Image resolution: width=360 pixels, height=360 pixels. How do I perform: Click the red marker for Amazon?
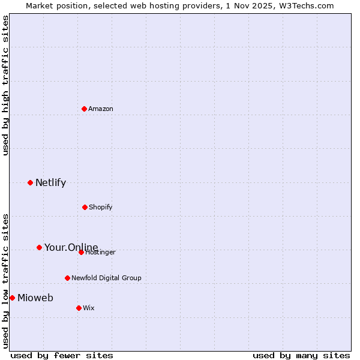[85, 109]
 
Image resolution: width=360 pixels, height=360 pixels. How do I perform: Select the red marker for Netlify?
[30, 182]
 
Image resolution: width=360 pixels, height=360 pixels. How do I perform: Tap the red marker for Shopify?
[85, 207]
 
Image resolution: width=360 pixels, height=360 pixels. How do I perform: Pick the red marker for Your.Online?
[39, 247]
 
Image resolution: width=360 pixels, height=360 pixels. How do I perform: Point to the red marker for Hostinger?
[81, 252]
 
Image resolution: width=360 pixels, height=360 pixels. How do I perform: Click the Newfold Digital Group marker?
[67, 278]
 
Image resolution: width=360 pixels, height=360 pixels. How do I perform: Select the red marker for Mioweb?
[12, 298]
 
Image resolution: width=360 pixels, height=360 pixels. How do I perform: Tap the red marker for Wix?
[79, 308]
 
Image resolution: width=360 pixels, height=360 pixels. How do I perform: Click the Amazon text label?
[101, 109]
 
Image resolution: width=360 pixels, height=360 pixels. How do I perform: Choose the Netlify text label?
[50, 182]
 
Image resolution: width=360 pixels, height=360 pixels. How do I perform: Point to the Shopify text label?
[101, 207]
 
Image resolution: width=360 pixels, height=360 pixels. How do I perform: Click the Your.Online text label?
[71, 247]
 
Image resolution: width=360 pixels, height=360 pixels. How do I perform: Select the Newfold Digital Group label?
[106, 278]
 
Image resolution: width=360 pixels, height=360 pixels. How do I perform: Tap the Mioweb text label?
[35, 298]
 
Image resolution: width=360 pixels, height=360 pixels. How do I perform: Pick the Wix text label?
[89, 308]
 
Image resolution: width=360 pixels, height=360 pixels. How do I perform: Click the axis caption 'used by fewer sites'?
[62, 355]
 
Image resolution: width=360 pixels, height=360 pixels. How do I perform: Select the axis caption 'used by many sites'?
[301, 355]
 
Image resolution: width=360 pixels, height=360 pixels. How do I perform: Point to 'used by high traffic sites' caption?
[5, 85]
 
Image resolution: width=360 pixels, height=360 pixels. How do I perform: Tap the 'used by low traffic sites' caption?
[5, 280]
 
